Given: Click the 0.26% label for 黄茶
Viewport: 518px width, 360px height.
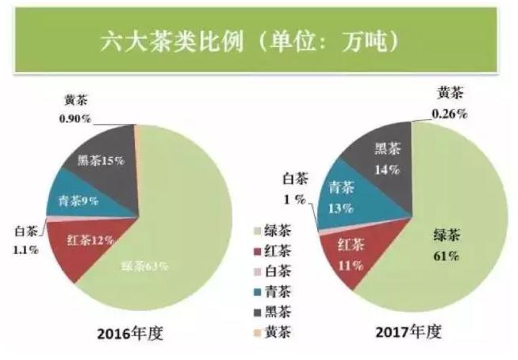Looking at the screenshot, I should click(449, 113).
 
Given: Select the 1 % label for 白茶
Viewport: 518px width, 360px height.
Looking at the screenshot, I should click(297, 199).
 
